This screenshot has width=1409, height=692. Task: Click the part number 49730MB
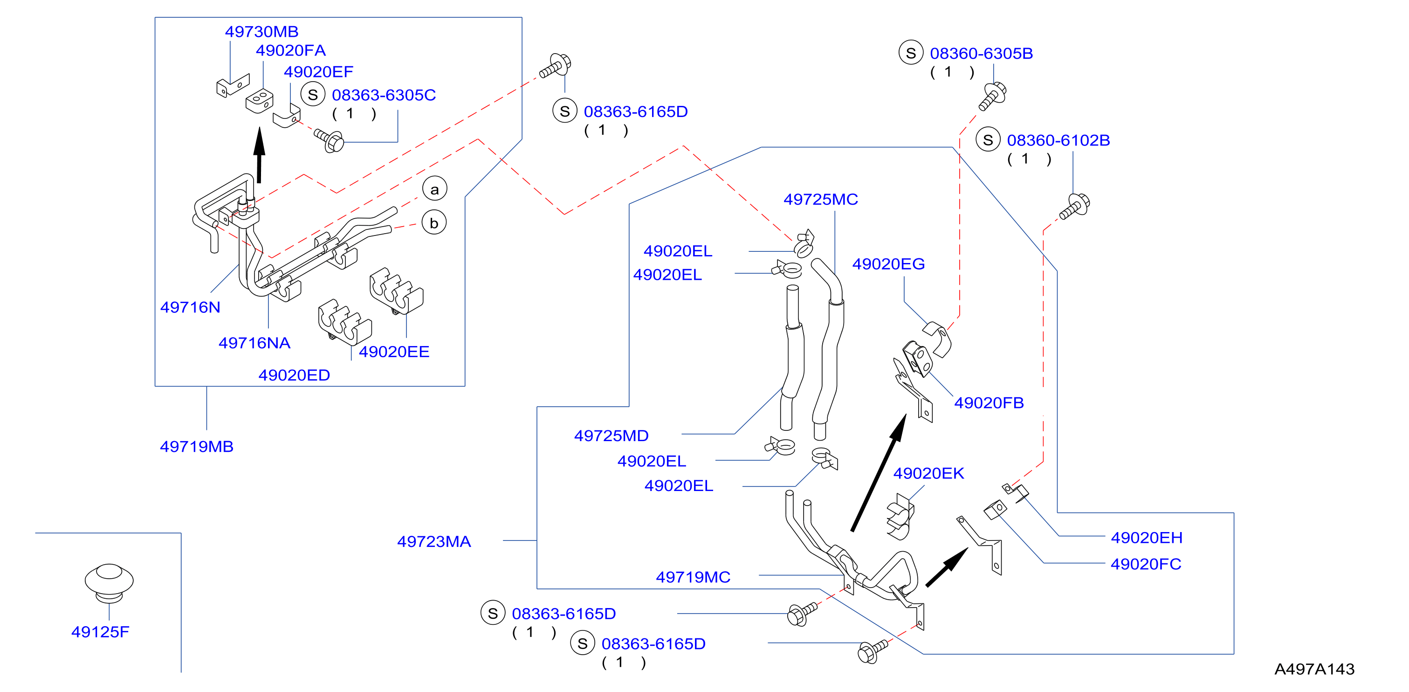261,32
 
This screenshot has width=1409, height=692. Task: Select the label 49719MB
196,446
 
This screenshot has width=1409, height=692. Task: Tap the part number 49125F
100,632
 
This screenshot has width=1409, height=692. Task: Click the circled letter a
435,189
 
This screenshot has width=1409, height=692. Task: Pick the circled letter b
434,222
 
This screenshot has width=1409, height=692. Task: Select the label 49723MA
434,541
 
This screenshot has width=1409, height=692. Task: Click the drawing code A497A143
1314,669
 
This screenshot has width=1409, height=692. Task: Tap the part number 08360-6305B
981,54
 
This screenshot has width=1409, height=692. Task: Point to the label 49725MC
820,199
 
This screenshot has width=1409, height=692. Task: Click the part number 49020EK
929,473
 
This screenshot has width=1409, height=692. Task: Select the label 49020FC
1146,564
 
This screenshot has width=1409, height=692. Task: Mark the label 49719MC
693,577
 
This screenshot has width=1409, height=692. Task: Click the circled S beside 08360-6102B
988,140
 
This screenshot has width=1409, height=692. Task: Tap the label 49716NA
254,343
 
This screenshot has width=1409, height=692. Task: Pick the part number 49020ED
294,375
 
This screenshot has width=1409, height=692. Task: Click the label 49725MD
611,436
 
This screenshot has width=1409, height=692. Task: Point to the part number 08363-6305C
384,95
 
